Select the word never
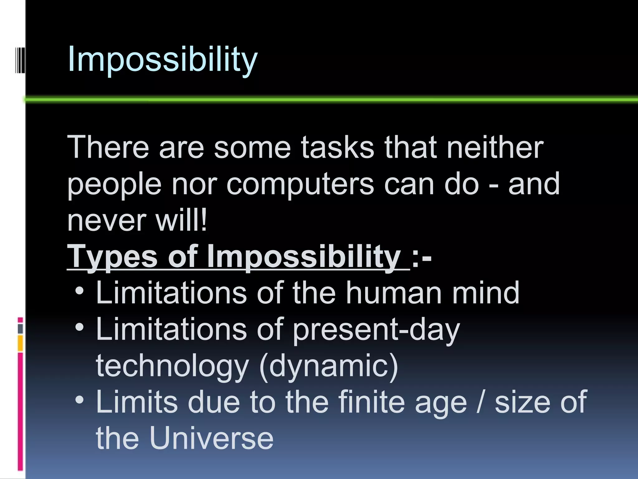coord(107,221)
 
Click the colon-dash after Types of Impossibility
coord(421,258)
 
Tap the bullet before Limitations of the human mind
coord(80,291)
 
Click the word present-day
coord(376,330)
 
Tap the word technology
coord(172,366)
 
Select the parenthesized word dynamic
coord(328,366)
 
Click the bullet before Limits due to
coord(80,400)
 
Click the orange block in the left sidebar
coord(20,343)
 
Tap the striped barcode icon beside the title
coord(20,60)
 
